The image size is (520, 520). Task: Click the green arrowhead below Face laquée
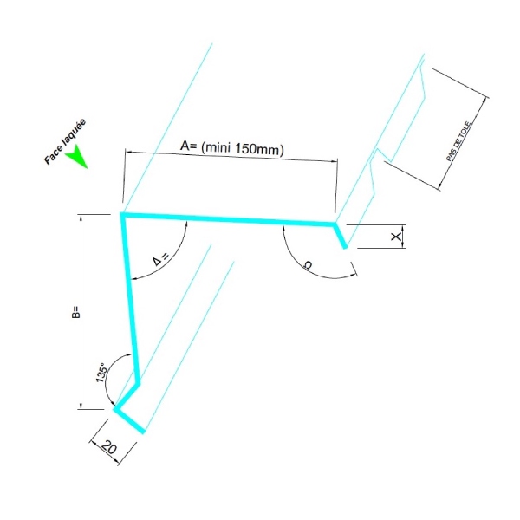click(x=78, y=157)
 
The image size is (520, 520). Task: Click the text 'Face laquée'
click(x=65, y=141)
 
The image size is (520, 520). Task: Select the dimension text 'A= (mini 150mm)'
click(x=231, y=147)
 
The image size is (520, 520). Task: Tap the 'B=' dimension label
click(x=76, y=312)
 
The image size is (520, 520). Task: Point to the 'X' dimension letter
click(x=396, y=237)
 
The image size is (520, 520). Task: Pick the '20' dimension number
click(x=109, y=447)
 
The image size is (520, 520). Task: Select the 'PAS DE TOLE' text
click(x=458, y=141)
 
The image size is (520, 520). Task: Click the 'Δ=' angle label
click(x=161, y=259)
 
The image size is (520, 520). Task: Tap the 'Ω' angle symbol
click(x=308, y=265)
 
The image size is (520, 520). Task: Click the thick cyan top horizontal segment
click(x=228, y=219)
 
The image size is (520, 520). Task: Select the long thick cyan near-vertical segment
click(x=130, y=300)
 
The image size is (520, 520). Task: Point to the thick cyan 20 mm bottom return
click(x=129, y=420)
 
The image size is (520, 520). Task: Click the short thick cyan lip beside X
click(x=341, y=236)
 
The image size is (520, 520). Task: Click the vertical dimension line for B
click(x=81, y=312)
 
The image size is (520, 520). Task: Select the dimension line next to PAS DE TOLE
click(x=463, y=143)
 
